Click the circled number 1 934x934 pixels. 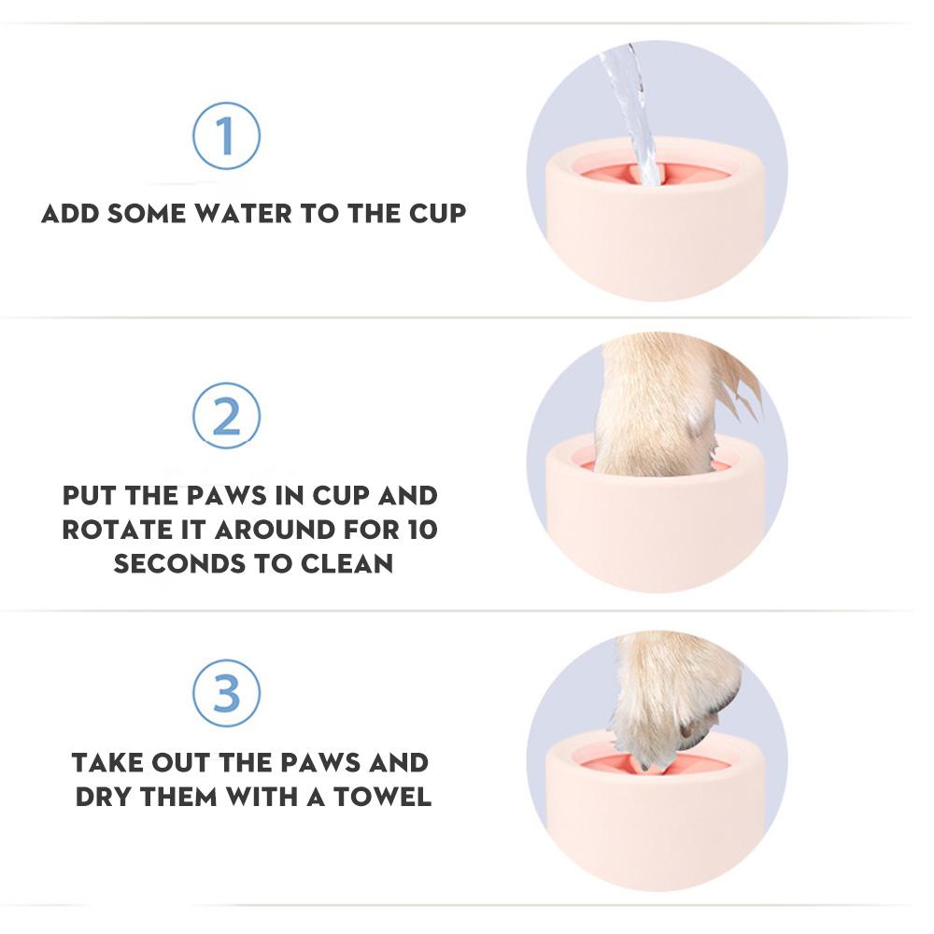click(x=226, y=136)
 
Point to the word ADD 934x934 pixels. click(x=71, y=213)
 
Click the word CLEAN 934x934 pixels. click(x=346, y=563)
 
